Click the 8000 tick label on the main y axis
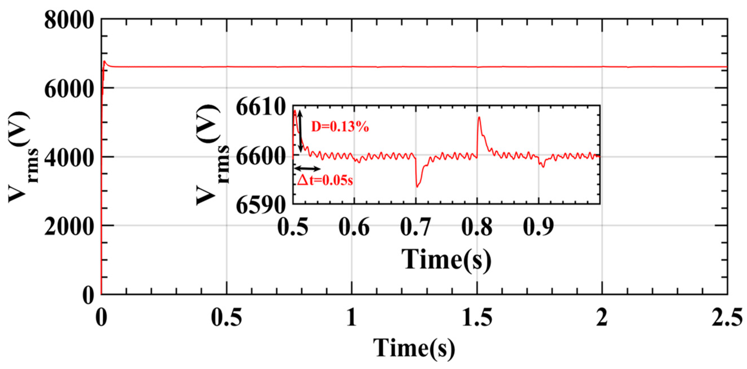[x=70, y=21]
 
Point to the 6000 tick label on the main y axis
[x=70, y=89]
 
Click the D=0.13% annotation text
[x=340, y=127]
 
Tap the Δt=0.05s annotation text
[x=325, y=181]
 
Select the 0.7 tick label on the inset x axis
[x=415, y=227]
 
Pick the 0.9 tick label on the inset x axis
[x=538, y=227]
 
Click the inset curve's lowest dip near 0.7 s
[x=417, y=187]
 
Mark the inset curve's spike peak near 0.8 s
[x=479, y=117]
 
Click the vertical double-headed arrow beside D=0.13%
[x=300, y=131]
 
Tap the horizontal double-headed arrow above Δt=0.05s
[x=307, y=169]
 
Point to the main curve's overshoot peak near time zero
[x=105, y=61]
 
